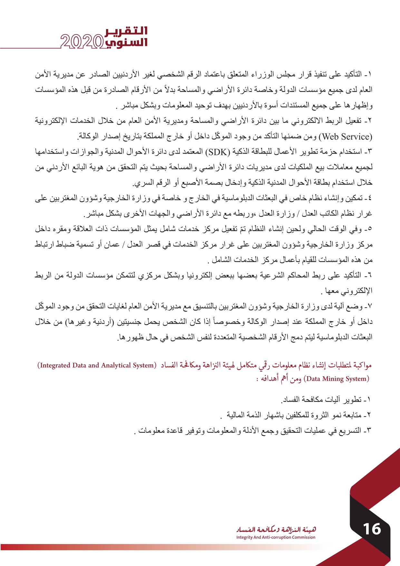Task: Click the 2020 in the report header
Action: point(82,42)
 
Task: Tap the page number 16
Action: point(372,529)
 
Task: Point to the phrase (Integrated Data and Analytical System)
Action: point(97,365)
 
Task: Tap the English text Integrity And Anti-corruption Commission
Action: point(276,537)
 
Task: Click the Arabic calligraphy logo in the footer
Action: point(276,529)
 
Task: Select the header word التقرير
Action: point(126,31)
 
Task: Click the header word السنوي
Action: point(126,42)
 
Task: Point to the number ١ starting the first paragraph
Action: point(370,75)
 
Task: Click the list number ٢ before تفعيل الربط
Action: point(370,121)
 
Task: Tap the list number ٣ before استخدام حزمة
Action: point(370,152)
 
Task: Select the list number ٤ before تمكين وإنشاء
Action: point(370,198)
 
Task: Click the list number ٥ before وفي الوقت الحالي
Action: point(370,229)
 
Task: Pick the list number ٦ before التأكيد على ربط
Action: point(370,276)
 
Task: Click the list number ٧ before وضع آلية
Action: point(370,306)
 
